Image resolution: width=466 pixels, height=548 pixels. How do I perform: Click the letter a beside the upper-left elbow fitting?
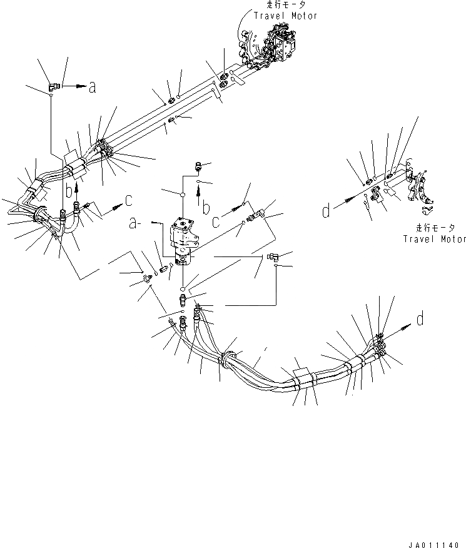[92, 88]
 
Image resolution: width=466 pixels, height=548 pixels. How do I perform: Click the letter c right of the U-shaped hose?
[129, 200]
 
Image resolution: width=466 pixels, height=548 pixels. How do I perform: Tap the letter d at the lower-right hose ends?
[420, 320]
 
